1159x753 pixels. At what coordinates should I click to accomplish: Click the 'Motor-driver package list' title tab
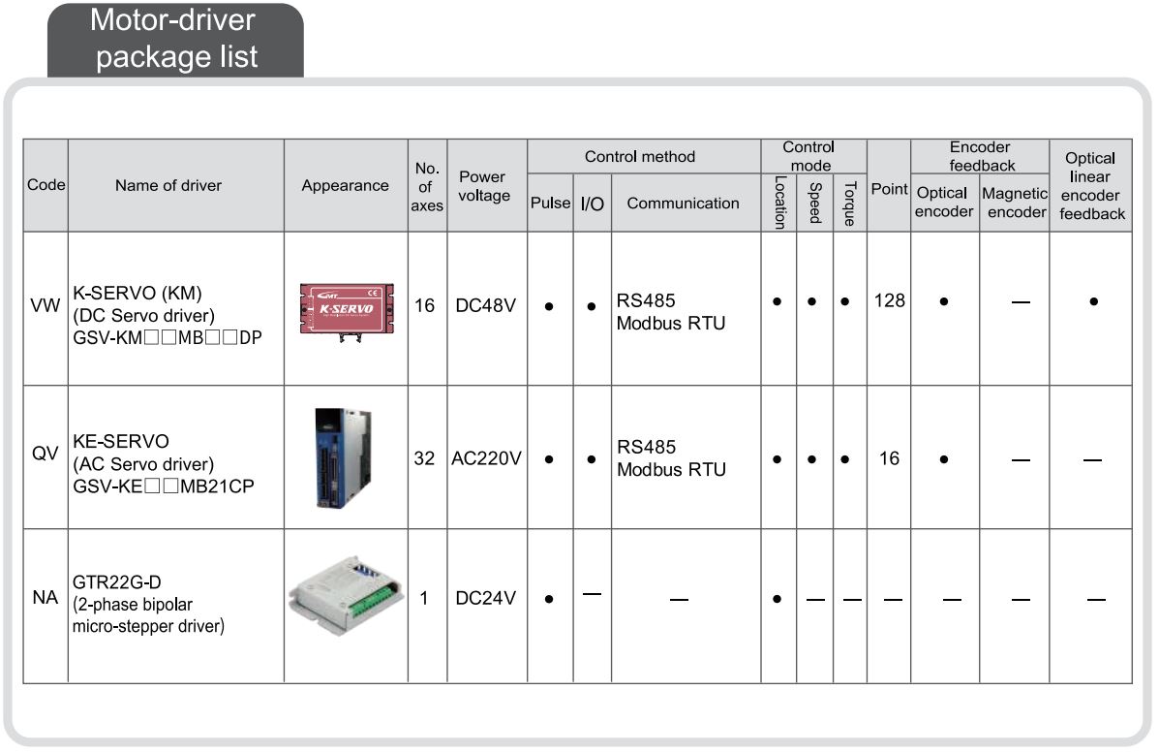[x=175, y=40]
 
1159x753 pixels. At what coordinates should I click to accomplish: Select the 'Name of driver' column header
[x=168, y=186]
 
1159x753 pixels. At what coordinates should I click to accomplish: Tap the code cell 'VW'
[x=46, y=305]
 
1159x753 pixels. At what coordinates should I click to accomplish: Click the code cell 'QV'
[x=46, y=453]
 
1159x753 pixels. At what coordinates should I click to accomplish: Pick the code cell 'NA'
[x=46, y=597]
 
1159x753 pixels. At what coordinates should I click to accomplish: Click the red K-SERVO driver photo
[x=347, y=311]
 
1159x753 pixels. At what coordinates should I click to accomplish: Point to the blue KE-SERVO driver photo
[x=343, y=457]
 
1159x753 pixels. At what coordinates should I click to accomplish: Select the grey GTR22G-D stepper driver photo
[x=346, y=595]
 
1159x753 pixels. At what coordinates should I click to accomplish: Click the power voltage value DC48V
[x=486, y=305]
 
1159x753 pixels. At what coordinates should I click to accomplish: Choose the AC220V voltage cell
[x=486, y=458]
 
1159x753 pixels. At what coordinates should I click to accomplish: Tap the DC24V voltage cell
[x=486, y=598]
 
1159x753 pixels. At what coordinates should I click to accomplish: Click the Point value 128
[x=889, y=300]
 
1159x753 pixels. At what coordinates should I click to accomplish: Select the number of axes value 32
[x=424, y=458]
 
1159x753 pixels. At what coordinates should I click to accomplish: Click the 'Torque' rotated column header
[x=850, y=204]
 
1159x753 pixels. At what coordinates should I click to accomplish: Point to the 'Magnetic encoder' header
[x=1016, y=203]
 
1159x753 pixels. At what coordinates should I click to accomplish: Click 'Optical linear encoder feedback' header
[x=1092, y=186]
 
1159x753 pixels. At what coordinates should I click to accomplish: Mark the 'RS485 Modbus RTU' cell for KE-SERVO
[x=671, y=458]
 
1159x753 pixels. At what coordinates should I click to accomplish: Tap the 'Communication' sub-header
[x=683, y=204]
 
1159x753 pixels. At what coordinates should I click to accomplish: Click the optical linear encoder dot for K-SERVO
[x=1093, y=301]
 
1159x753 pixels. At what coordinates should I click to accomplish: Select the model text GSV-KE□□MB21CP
[x=164, y=486]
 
